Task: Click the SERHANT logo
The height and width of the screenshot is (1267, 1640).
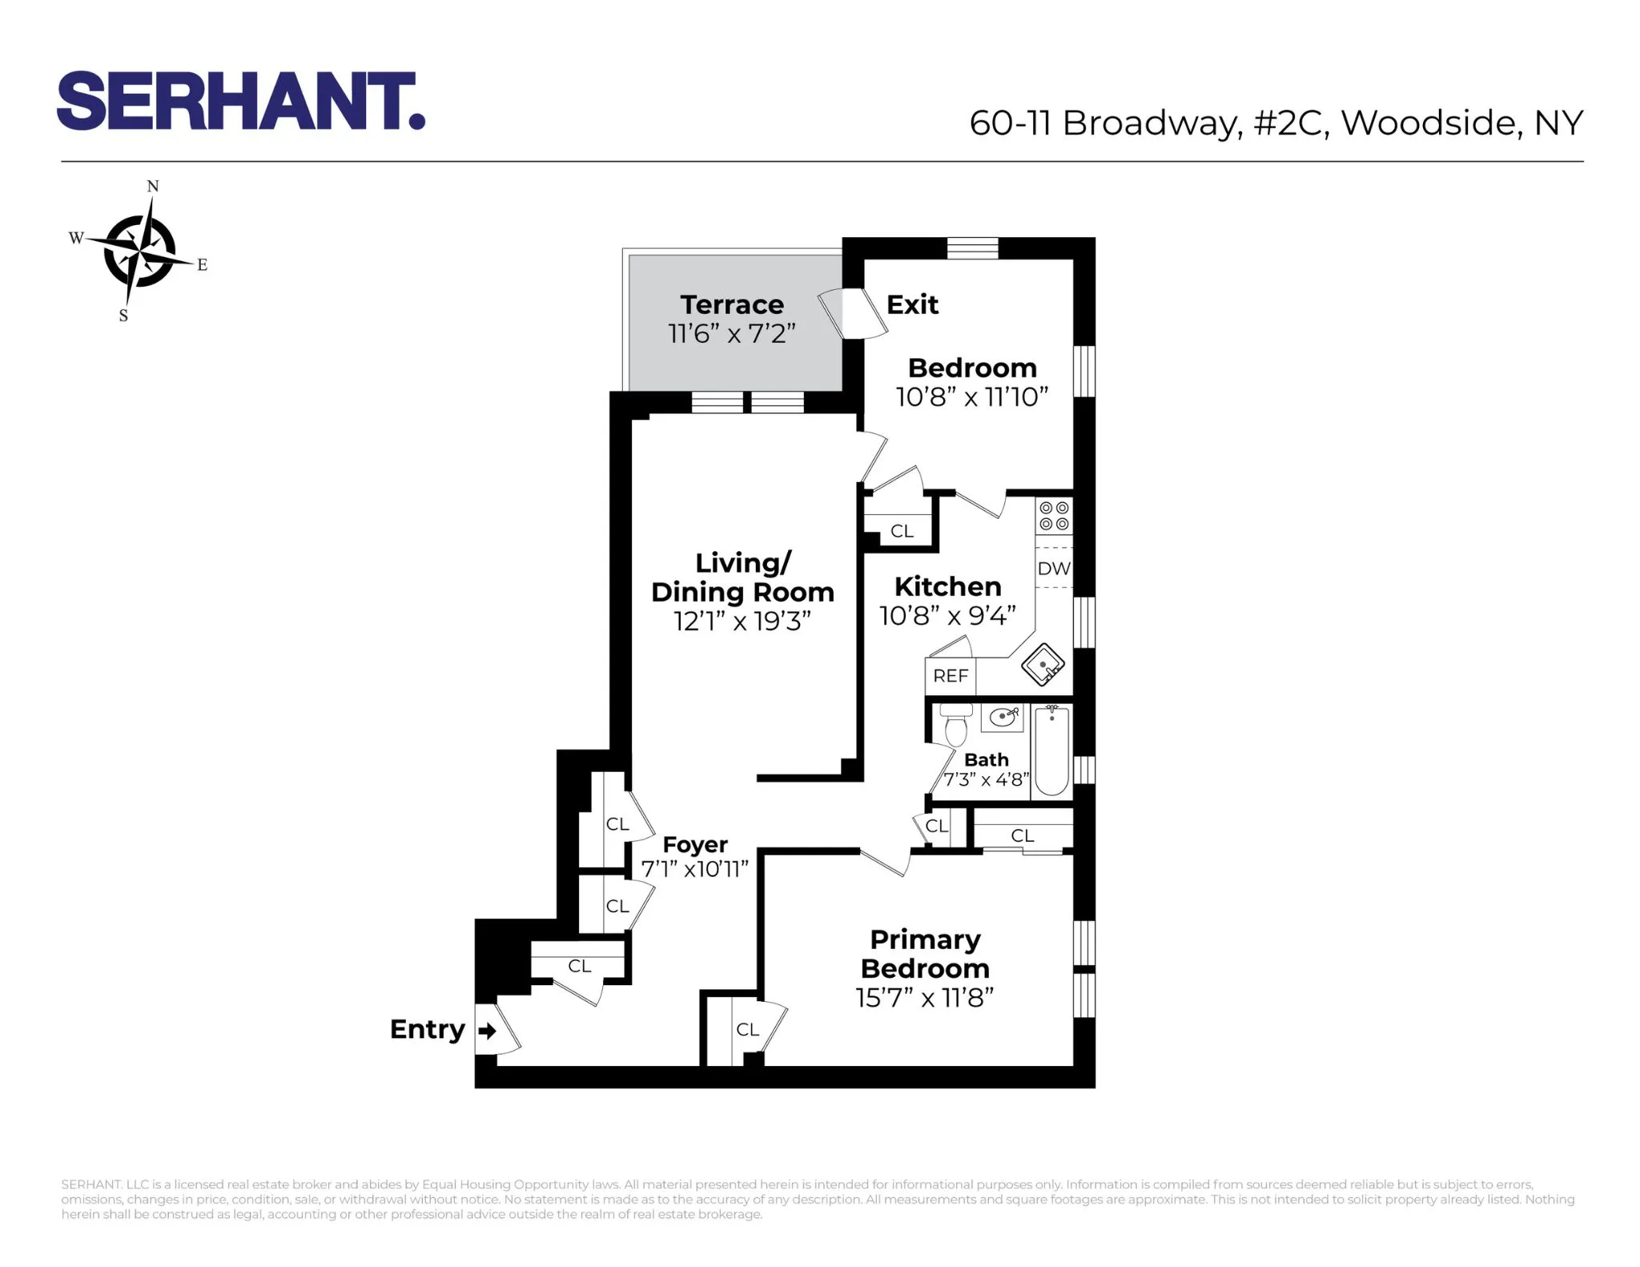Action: click(240, 102)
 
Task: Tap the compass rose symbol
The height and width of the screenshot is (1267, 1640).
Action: click(141, 251)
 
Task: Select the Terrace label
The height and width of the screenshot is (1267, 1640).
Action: click(732, 305)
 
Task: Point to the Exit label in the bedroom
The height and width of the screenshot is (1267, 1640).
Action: click(912, 305)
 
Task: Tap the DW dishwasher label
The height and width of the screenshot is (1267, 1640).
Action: click(1054, 569)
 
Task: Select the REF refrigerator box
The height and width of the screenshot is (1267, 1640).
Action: click(951, 676)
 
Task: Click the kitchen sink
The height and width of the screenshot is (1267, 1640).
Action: click(1043, 665)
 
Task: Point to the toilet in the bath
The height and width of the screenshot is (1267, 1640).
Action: click(956, 724)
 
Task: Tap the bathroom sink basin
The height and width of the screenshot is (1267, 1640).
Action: click(1002, 717)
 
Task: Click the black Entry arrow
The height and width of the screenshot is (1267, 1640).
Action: click(486, 1031)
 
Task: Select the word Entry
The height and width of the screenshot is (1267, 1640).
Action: click(427, 1029)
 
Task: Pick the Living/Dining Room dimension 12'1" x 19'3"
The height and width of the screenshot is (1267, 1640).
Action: click(742, 621)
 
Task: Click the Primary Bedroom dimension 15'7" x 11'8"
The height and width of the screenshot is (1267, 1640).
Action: click(925, 998)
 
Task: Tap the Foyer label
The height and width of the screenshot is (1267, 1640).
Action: click(695, 845)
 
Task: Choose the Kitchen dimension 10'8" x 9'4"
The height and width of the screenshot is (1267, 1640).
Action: click(947, 616)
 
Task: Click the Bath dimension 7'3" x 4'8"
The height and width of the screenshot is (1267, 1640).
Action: click(986, 779)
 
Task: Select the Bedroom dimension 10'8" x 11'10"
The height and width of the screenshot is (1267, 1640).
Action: click(972, 397)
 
